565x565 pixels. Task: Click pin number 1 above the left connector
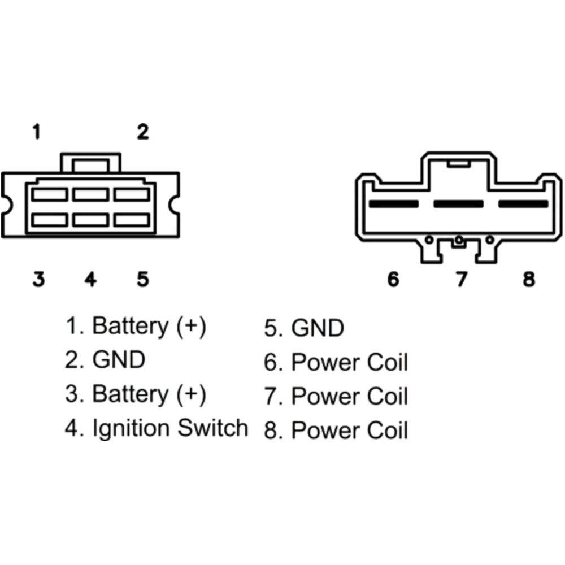(x=36, y=133)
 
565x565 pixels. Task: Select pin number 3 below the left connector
(x=38, y=279)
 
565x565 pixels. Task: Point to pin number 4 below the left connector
(x=90, y=279)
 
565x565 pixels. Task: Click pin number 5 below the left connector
(x=142, y=279)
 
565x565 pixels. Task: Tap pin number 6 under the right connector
(x=393, y=279)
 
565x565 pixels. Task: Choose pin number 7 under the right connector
(x=462, y=279)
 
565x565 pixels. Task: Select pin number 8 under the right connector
(x=529, y=279)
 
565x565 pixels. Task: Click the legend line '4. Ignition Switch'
(x=157, y=428)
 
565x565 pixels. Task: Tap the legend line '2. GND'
(x=105, y=360)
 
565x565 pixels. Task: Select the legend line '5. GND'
(x=304, y=328)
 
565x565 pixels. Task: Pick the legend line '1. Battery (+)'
(x=136, y=327)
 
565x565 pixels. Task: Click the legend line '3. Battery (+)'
(x=136, y=394)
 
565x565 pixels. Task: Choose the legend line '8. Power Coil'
(x=336, y=431)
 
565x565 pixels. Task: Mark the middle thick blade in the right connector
(x=458, y=203)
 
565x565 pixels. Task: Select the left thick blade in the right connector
(x=393, y=203)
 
